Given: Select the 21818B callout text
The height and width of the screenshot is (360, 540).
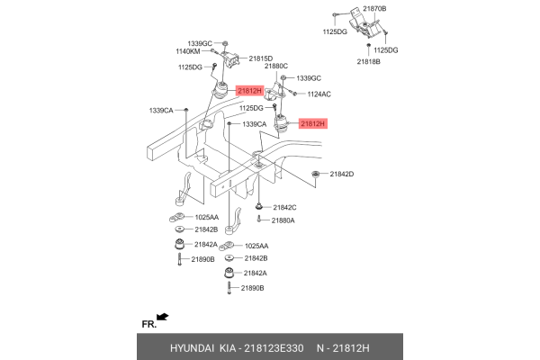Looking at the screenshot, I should click(369, 61).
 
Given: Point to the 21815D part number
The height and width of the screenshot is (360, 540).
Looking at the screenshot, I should click(261, 58).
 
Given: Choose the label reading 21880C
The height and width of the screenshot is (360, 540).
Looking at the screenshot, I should click(276, 67).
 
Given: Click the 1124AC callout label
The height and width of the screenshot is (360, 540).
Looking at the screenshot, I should click(319, 94).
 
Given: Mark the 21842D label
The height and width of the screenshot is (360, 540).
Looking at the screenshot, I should click(342, 174).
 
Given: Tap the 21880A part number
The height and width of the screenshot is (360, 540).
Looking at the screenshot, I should click(283, 220).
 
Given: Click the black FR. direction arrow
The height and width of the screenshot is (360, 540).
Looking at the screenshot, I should click(163, 317).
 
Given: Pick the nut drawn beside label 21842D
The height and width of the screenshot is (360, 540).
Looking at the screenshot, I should click(316, 173).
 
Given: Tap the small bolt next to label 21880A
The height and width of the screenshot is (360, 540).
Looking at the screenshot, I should click(259, 220).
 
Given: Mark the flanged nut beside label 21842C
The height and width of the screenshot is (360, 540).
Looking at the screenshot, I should click(259, 208).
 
